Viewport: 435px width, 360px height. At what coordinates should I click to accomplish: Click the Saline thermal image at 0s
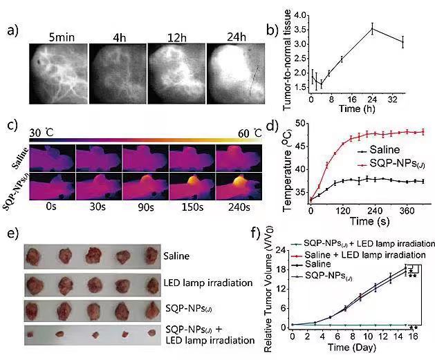[53, 158]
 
